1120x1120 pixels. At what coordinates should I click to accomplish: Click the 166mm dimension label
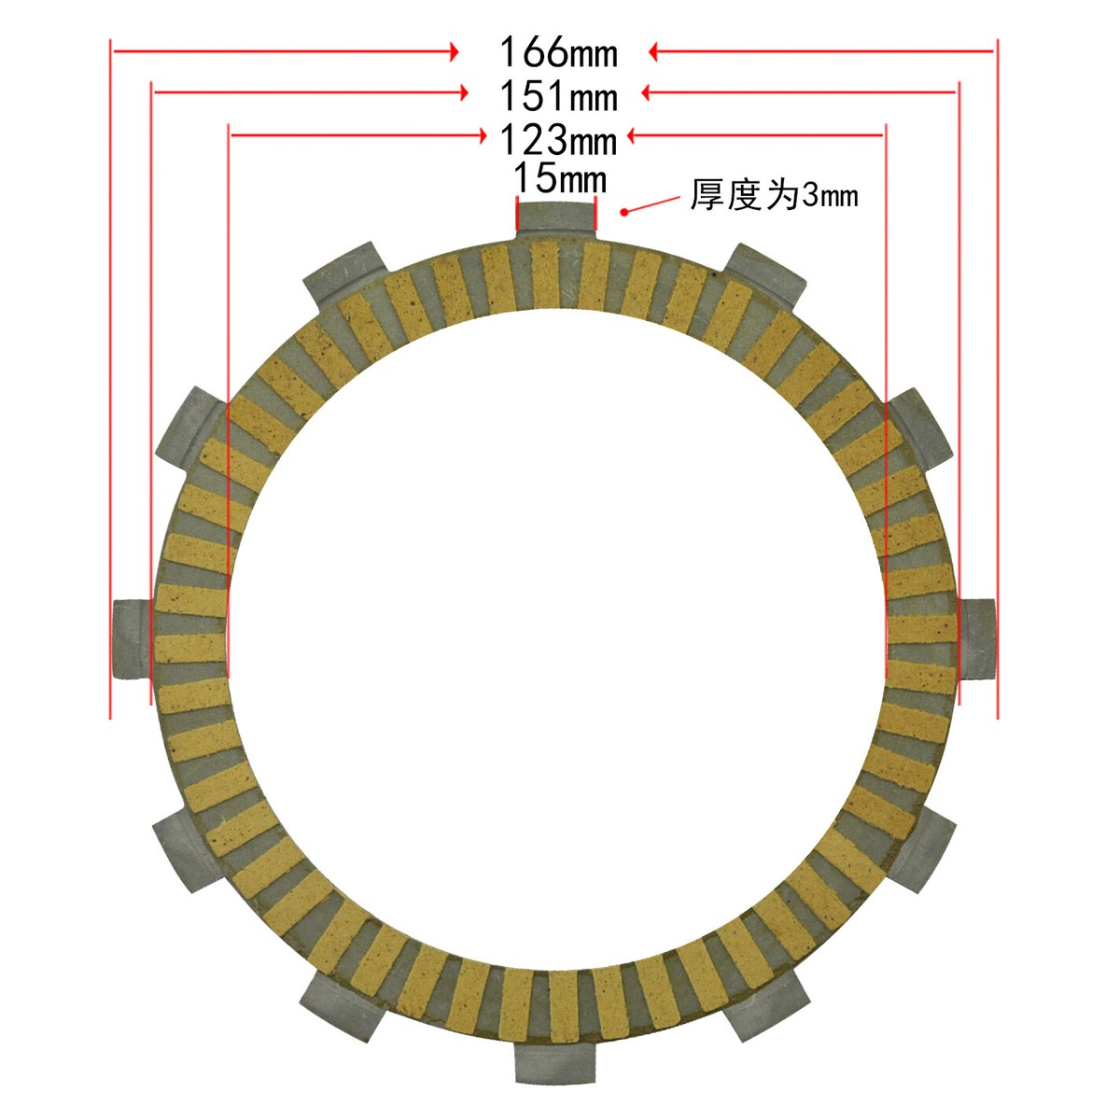pos(558,52)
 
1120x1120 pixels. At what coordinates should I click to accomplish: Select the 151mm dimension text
pos(558,95)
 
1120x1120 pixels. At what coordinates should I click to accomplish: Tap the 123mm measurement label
pos(558,140)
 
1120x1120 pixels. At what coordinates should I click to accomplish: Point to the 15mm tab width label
pos(560,178)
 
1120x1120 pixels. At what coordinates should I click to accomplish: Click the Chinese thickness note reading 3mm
pos(774,195)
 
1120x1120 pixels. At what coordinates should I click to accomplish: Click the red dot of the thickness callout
pos(624,211)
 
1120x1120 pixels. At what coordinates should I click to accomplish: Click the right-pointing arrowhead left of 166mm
pos(454,51)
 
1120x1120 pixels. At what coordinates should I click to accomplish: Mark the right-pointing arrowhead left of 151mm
pos(463,91)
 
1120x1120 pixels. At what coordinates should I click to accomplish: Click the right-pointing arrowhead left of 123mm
pos(481,135)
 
